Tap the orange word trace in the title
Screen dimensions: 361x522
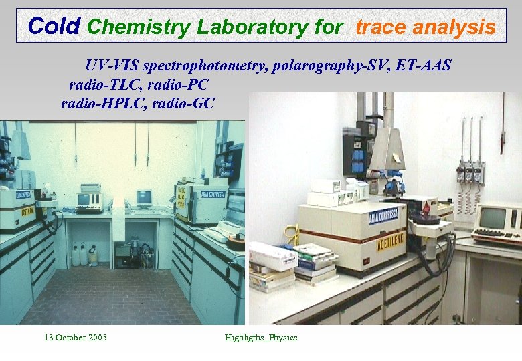(x=381, y=27)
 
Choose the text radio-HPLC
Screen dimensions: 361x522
(x=100, y=103)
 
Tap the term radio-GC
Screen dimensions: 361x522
(x=181, y=103)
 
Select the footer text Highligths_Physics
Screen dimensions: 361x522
(x=261, y=337)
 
